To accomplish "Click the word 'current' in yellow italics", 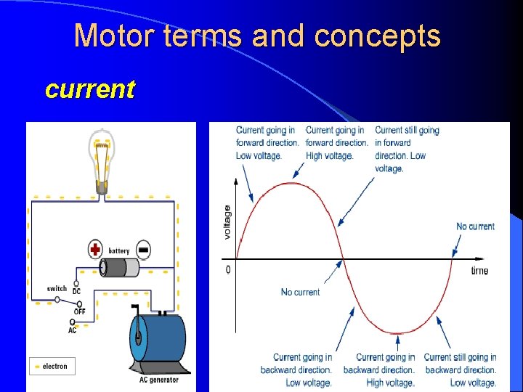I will (x=89, y=89).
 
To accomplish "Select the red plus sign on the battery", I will (x=95, y=250).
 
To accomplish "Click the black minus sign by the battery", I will (x=143, y=250).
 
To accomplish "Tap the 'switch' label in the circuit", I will (x=57, y=289).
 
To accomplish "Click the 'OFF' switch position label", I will (x=80, y=311).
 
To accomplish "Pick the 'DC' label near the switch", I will (x=76, y=291).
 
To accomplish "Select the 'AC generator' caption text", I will (x=159, y=380).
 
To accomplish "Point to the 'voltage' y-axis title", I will (x=227, y=222).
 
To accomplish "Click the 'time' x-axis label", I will (x=479, y=271).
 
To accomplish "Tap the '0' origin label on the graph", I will (x=228, y=269).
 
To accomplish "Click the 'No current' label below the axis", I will (x=300, y=292).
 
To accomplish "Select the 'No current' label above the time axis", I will (x=475, y=226).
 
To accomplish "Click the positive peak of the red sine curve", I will (x=289, y=182).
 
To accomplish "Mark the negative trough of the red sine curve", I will (x=397, y=334).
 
